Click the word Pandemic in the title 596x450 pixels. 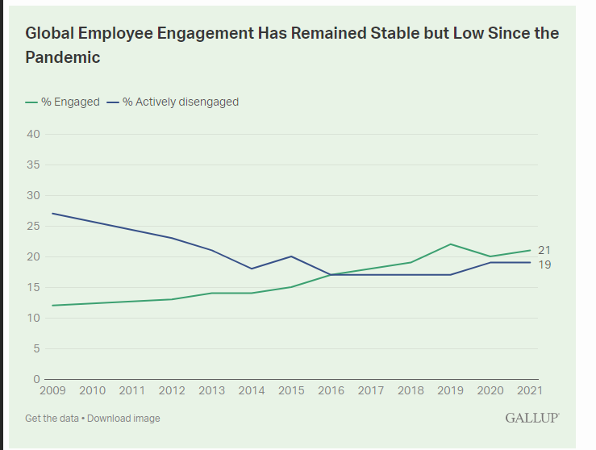(x=63, y=58)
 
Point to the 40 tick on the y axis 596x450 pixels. (x=33, y=134)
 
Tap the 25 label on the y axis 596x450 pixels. (x=33, y=226)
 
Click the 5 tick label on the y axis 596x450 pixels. (x=36, y=348)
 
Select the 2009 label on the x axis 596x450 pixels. (x=52, y=391)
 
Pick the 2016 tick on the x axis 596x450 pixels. (x=331, y=391)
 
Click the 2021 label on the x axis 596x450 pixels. (x=529, y=391)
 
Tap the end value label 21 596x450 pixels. (x=544, y=250)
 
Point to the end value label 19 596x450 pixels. (x=544, y=265)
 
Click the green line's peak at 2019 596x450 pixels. (x=450, y=244)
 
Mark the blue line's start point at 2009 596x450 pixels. (x=52, y=214)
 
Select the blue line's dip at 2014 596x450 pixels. (x=252, y=269)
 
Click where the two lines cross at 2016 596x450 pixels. (x=331, y=274)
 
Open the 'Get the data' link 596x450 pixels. (x=52, y=419)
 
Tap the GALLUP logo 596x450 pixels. (x=531, y=418)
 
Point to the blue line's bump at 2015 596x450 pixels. (x=291, y=256)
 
